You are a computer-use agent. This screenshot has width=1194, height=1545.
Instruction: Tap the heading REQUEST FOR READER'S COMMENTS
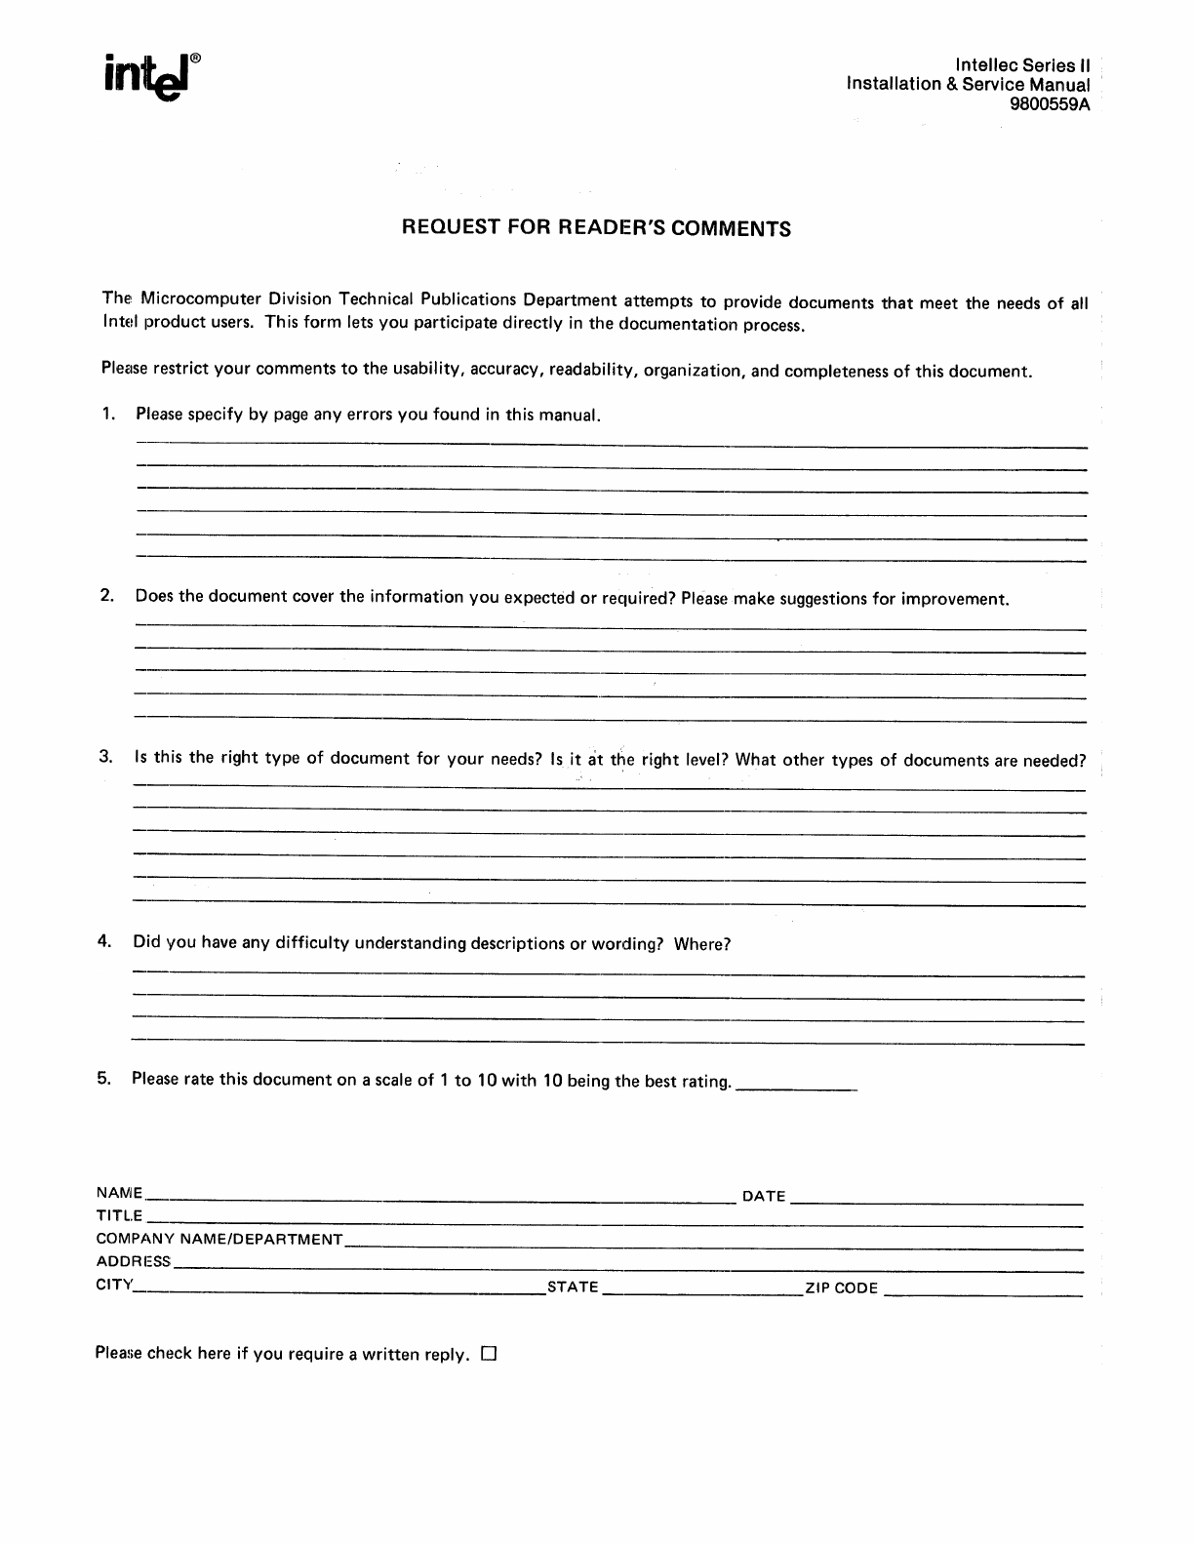tap(596, 229)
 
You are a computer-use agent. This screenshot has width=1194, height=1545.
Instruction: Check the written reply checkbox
tap(490, 1354)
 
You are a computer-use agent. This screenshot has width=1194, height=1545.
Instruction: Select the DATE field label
tap(764, 1196)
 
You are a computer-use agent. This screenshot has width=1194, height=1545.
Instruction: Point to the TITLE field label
tap(119, 1216)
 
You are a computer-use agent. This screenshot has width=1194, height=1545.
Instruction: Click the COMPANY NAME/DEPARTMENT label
tap(219, 1240)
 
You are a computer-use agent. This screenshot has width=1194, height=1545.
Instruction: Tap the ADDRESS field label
tap(133, 1262)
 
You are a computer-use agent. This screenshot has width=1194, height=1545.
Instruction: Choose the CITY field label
tap(113, 1285)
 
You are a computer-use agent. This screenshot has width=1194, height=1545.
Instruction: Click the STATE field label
tap(573, 1287)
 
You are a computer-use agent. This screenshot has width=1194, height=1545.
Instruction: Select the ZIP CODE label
tap(841, 1288)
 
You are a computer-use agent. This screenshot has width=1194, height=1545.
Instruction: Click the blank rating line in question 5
tap(795, 1087)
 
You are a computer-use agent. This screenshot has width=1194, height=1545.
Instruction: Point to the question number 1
tap(107, 414)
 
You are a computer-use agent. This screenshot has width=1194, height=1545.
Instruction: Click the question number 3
tap(106, 757)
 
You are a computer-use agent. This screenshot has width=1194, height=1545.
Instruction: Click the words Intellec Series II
tap(1022, 65)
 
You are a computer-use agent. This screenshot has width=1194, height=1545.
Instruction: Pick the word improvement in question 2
tap(953, 599)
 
